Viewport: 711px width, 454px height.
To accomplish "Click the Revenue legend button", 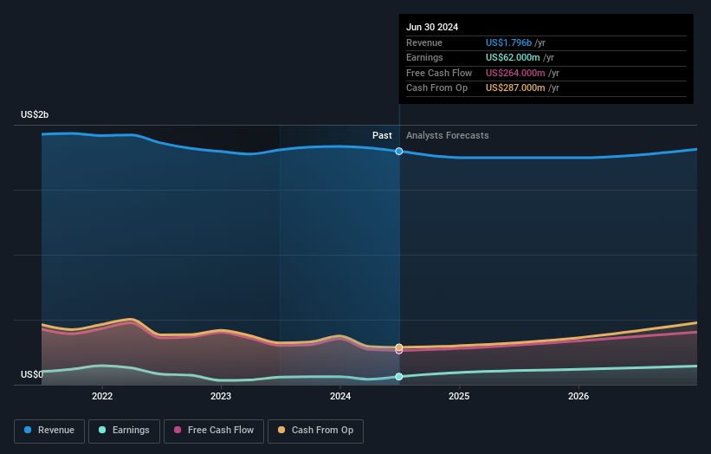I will [48, 430].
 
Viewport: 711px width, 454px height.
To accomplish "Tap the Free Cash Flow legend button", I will [212, 430].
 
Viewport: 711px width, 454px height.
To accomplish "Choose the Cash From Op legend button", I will [315, 430].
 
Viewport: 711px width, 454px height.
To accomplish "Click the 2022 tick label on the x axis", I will [102, 397].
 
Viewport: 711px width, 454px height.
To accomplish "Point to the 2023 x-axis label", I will [221, 397].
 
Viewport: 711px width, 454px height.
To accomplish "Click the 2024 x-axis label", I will [340, 397].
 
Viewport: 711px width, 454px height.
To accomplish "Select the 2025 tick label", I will [459, 397].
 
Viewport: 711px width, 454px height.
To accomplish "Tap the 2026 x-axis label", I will [578, 397].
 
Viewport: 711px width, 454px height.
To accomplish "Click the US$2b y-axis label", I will [36, 115].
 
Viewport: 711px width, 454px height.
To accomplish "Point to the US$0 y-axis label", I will [32, 374].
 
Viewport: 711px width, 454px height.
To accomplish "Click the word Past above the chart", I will [382, 135].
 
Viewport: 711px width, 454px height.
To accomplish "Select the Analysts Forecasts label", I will [447, 135].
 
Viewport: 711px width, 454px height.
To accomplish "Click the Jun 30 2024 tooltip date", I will [432, 27].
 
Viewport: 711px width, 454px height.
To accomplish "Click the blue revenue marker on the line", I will [399, 152].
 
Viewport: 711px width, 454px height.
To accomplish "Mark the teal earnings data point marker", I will [399, 377].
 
